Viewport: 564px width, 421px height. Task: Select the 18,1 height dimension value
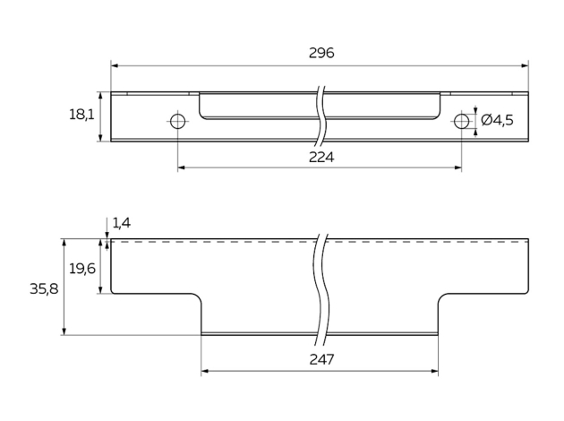[x=81, y=116]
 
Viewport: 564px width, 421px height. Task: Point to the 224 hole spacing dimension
[x=320, y=157]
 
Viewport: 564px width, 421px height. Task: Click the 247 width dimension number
[x=320, y=359]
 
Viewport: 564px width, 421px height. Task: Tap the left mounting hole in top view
[x=178, y=121]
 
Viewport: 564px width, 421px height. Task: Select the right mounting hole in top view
[x=461, y=121]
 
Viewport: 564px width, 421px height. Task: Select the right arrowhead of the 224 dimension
[x=457, y=168]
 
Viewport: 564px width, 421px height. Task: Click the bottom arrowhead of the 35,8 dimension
[x=64, y=331]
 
